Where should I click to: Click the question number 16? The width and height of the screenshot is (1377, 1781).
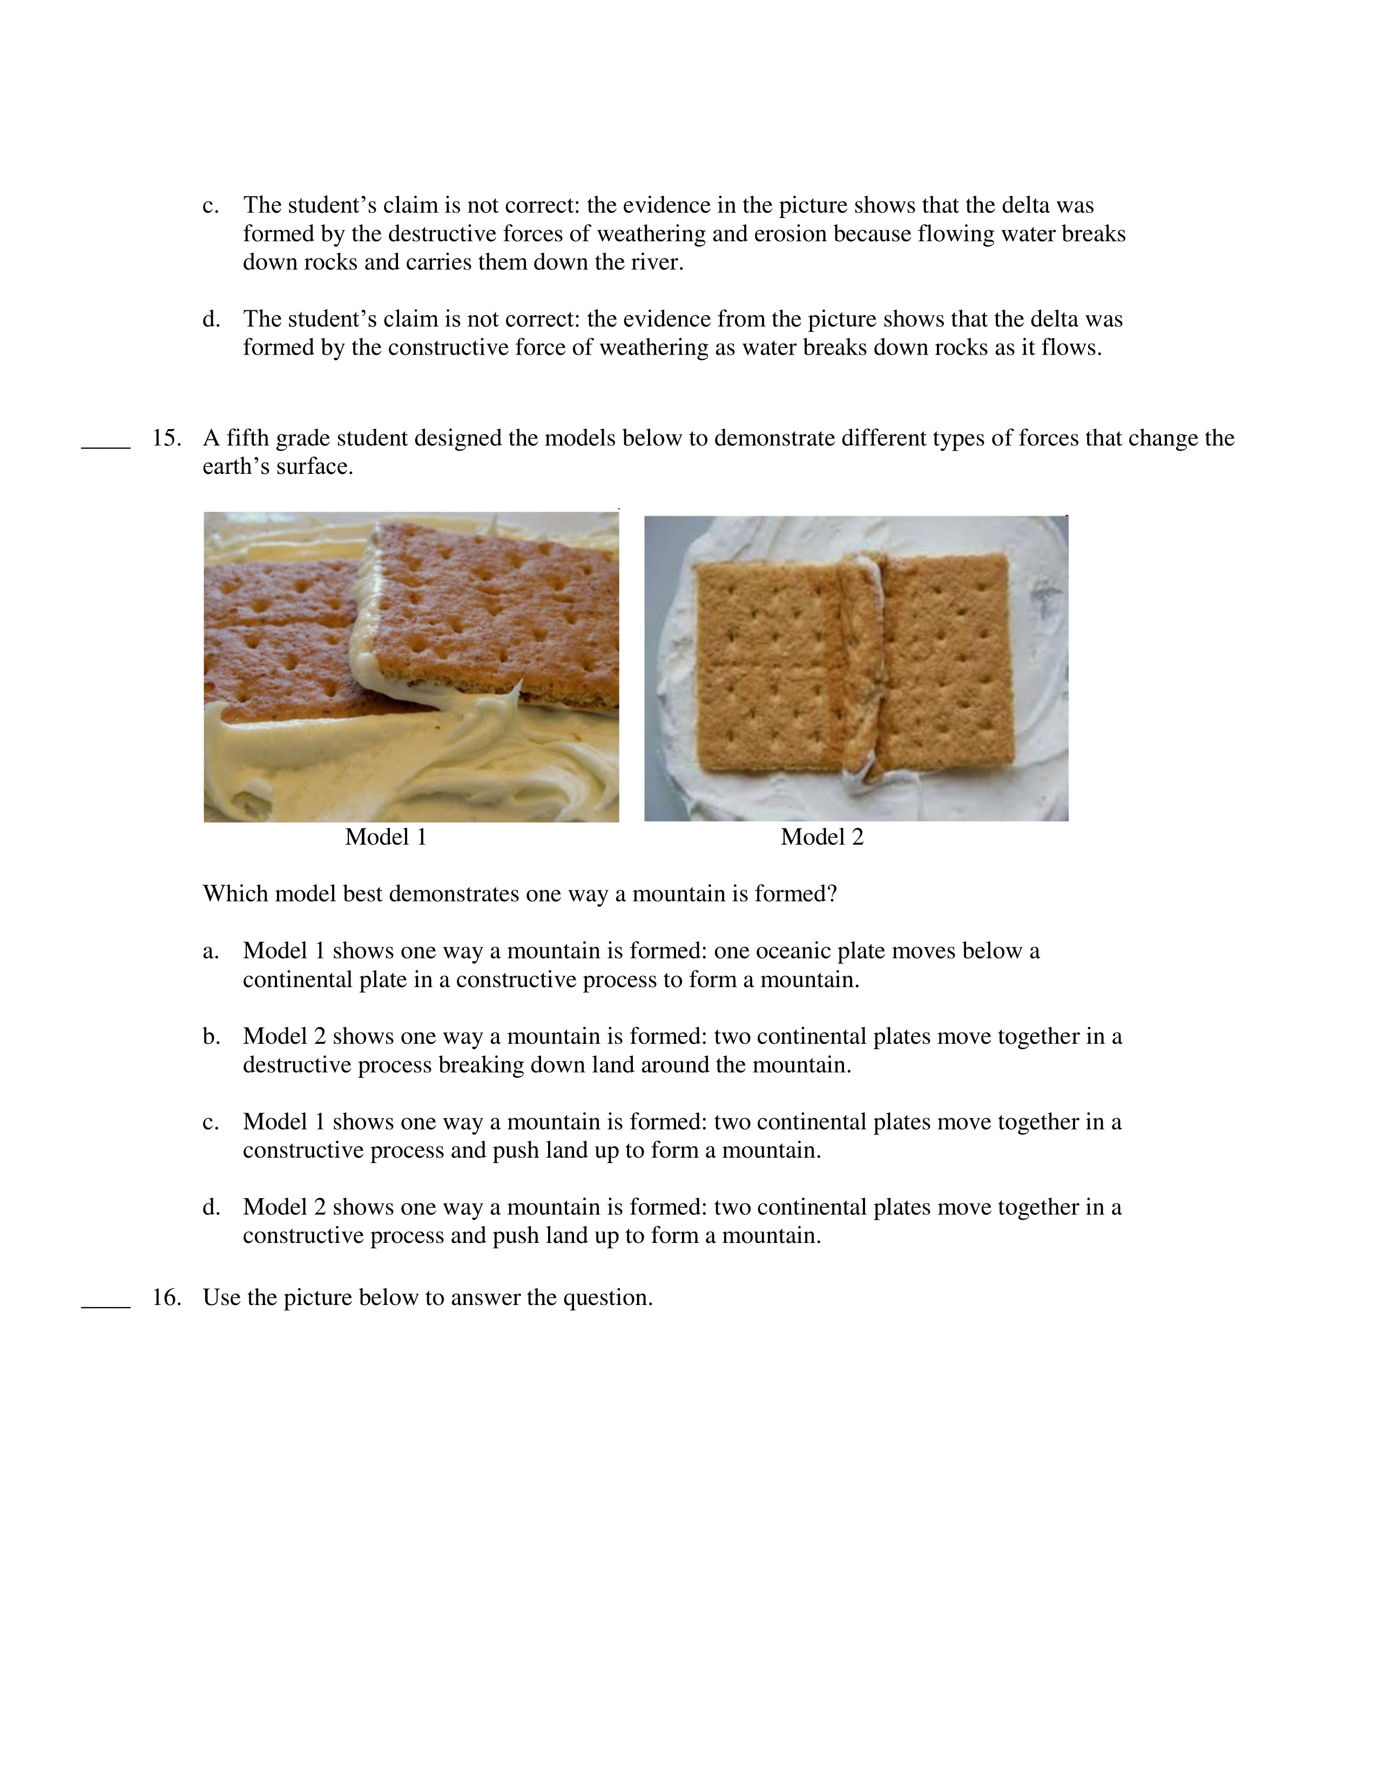[166, 1297]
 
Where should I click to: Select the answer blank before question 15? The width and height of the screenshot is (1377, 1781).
[106, 444]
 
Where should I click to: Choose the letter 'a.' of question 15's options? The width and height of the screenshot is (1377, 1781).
[211, 951]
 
